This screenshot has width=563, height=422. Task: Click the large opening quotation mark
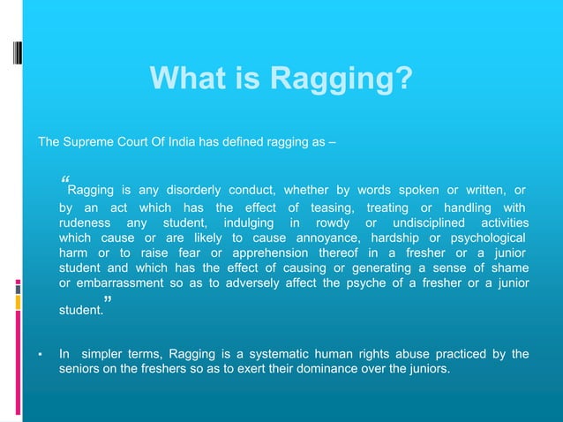(x=64, y=178)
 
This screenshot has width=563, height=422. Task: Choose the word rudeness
(x=85, y=222)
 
